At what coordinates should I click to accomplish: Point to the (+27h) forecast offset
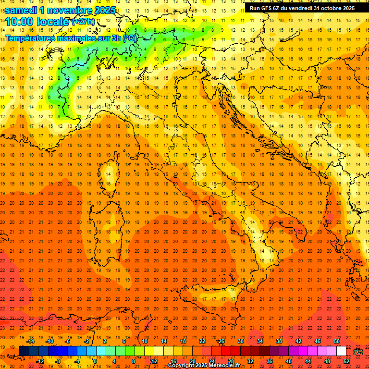tap(83, 22)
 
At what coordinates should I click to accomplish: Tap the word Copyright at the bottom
tap(182, 365)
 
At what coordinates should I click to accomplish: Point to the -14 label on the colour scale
tap(30, 341)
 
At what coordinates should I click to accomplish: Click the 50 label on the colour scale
tap(336, 341)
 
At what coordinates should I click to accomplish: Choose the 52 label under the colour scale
tap(346, 361)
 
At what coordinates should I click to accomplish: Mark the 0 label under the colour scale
tap(95, 361)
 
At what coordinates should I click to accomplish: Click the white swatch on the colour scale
tap(341, 351)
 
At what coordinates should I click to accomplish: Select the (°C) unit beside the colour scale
tap(358, 352)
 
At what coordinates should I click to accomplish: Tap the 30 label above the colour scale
tap(240, 341)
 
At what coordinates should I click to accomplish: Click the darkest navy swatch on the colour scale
tap(24, 351)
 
